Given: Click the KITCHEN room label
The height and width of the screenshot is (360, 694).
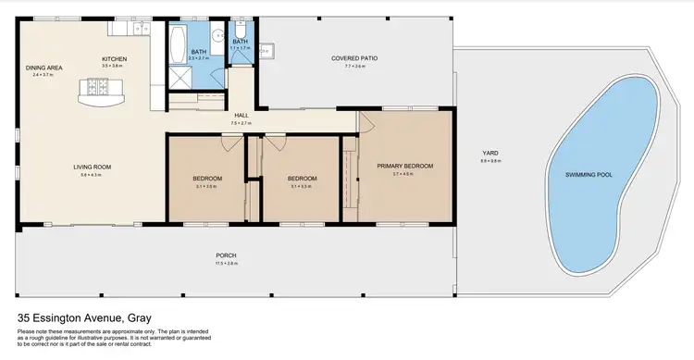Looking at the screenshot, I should click(114, 59).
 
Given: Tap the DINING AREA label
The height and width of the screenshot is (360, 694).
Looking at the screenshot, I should click(43, 67).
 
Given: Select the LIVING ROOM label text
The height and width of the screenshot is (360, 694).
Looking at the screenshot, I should click(93, 167).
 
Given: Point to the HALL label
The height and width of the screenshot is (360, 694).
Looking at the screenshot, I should click(240, 115).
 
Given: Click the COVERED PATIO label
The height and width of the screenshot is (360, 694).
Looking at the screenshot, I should click(354, 59).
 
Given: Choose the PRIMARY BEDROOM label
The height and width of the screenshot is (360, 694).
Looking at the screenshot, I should click(404, 167).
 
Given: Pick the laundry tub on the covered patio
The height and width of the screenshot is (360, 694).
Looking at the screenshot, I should click(265, 52).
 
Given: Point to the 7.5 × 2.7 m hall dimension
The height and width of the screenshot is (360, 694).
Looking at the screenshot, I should click(240, 122).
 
